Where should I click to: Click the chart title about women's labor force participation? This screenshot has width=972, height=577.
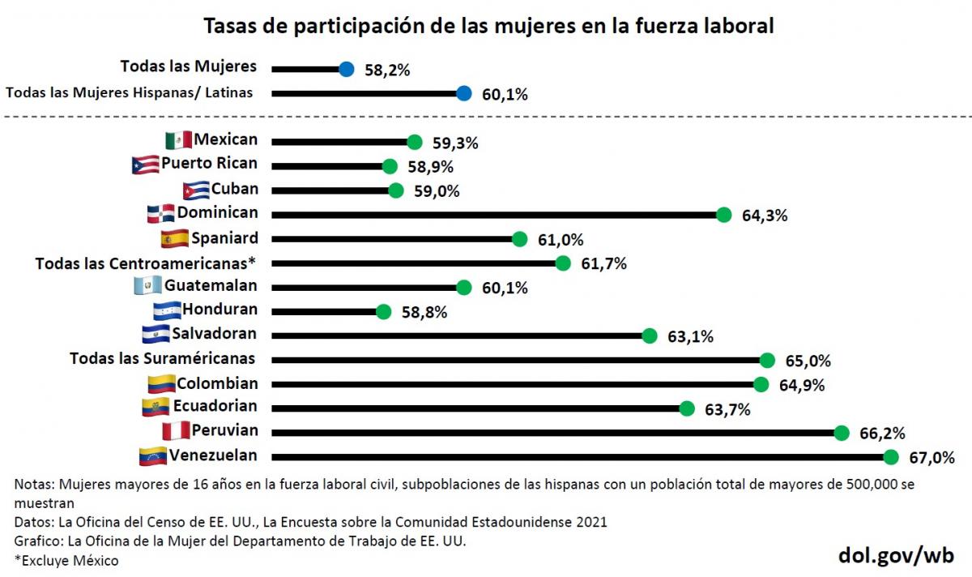(x=488, y=26)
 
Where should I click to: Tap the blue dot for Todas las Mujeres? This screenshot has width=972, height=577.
(x=347, y=70)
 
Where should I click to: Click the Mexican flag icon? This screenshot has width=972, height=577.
(x=178, y=140)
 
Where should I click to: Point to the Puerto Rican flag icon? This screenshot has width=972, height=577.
(x=144, y=165)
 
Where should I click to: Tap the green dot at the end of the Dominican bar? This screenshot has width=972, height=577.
(x=724, y=215)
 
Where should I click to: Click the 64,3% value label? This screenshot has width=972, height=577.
(x=765, y=216)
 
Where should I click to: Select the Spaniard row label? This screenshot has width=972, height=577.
(x=224, y=238)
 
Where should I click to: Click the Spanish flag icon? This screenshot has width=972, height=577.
(x=175, y=239)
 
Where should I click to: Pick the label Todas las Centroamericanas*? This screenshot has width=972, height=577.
(x=146, y=263)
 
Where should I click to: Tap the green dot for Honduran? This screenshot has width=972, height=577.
(x=383, y=312)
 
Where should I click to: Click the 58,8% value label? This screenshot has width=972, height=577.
(x=424, y=312)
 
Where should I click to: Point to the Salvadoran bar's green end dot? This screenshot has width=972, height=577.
(x=649, y=336)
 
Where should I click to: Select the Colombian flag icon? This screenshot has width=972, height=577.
(x=161, y=383)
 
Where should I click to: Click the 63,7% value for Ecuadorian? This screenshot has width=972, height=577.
(x=727, y=409)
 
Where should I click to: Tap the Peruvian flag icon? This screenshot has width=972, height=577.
(x=175, y=430)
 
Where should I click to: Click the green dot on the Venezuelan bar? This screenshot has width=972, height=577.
(x=891, y=457)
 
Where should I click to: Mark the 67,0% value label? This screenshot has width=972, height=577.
(x=932, y=458)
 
